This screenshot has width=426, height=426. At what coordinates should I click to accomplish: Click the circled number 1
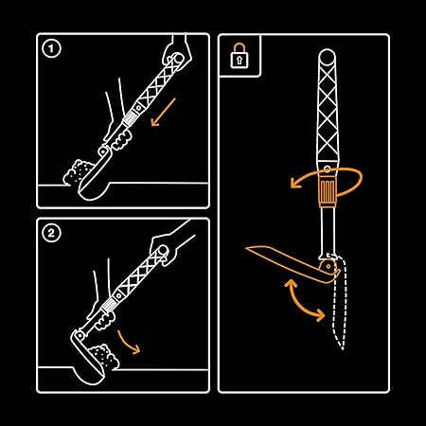[x=51, y=49]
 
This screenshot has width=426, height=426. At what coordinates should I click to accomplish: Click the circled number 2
[x=51, y=234]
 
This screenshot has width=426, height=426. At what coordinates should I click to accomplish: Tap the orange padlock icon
[x=240, y=56]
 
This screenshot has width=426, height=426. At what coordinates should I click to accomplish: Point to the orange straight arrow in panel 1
[x=163, y=113]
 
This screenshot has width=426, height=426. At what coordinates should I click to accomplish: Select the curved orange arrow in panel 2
[x=128, y=342]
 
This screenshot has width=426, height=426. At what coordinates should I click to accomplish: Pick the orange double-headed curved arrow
[x=304, y=301]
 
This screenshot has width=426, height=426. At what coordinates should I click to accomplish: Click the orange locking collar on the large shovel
[x=328, y=192]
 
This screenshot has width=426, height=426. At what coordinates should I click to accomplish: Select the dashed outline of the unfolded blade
[x=339, y=303]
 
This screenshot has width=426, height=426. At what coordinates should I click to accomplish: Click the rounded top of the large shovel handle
[x=327, y=56]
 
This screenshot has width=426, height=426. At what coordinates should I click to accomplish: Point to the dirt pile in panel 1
[x=78, y=172]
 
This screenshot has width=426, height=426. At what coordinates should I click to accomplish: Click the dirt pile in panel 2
[x=103, y=357]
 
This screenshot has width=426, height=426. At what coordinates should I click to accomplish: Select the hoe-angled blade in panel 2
[x=87, y=357]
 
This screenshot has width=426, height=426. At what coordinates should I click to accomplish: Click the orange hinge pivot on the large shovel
[x=328, y=267]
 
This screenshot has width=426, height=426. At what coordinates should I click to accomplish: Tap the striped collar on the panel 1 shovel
[x=129, y=120]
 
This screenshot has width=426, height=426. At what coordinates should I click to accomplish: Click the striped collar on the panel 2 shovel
[x=108, y=306]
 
